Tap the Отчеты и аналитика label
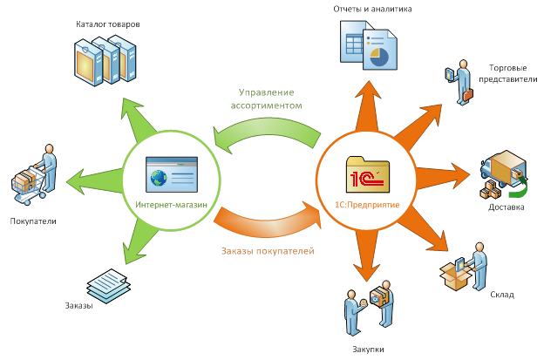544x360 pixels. (371, 9)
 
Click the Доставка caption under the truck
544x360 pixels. (507, 207)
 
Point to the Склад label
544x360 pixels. (501, 295)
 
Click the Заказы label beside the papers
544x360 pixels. (78, 305)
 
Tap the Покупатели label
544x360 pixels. (33, 221)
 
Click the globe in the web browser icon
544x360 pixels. (159, 179)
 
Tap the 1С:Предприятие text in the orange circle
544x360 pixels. (367, 204)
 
